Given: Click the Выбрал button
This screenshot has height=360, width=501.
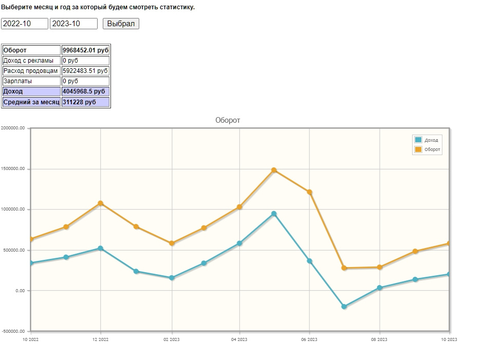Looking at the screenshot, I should tap(121, 24).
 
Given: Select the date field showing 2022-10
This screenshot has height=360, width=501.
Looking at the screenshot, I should tap(25, 24).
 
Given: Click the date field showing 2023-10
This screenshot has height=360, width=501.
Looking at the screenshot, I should tap(73, 24).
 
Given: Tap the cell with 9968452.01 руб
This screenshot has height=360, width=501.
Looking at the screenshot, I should tap(85, 50).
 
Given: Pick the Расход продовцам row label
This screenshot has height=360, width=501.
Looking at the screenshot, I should tap(31, 71).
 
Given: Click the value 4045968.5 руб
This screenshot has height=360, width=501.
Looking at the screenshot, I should tap(85, 91).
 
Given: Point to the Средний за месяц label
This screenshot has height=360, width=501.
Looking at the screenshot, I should tap(31, 102).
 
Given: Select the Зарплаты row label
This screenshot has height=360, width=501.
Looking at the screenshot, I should tap(31, 81).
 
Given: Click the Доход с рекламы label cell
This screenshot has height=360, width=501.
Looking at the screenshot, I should tap(31, 61).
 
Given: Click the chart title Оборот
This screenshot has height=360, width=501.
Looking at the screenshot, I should tap(228, 120).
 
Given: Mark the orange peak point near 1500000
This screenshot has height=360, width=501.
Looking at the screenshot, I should tap(274, 170).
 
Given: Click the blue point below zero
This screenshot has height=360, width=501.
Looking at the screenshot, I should tap(344, 307).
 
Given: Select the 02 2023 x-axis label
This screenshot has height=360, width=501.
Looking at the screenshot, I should tap(172, 339).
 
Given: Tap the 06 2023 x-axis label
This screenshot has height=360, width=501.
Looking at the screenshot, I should tap(309, 339).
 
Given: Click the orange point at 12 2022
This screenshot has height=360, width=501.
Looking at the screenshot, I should tap(101, 203).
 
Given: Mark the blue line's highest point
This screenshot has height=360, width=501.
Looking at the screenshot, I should tap(274, 214).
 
